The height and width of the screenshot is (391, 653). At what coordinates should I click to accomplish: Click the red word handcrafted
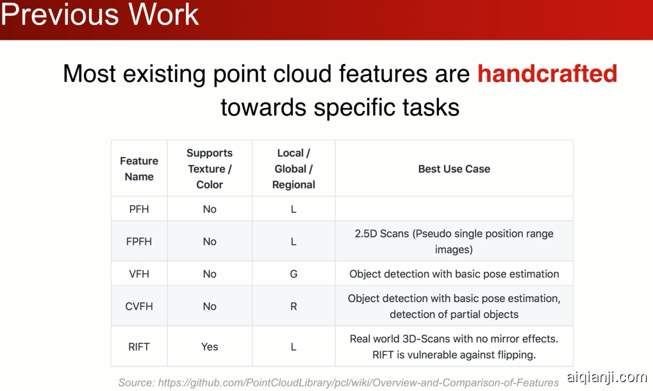pos(547,74)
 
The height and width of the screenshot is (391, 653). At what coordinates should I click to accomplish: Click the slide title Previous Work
pos(100,15)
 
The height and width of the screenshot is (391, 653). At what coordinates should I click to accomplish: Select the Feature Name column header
pos(139,169)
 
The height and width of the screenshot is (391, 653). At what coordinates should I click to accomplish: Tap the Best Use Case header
pos(454,169)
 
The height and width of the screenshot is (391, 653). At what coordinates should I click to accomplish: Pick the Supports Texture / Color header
pos(210,169)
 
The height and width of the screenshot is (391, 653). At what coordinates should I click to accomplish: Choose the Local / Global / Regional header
pos(293,169)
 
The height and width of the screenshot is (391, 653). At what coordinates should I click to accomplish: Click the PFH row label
pos(139,209)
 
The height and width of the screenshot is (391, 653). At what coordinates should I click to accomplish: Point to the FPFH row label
pos(139,242)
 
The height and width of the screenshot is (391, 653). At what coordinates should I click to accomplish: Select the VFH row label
pos(139,274)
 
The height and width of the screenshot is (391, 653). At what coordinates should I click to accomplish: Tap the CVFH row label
pos(139,306)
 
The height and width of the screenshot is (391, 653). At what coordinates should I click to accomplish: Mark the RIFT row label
pos(139,347)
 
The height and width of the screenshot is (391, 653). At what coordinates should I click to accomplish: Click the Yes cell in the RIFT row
pos(210,347)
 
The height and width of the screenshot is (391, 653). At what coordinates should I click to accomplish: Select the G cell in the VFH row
pos(293,274)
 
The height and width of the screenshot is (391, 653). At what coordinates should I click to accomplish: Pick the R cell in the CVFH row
pos(293,306)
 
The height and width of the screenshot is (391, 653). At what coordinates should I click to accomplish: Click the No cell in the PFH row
pos(210,209)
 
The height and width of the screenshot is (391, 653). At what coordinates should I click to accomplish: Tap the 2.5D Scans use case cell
pos(454,242)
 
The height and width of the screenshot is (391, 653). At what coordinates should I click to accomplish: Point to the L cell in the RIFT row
pos(293,347)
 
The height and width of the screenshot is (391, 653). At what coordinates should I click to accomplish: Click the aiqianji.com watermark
pos(607,378)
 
